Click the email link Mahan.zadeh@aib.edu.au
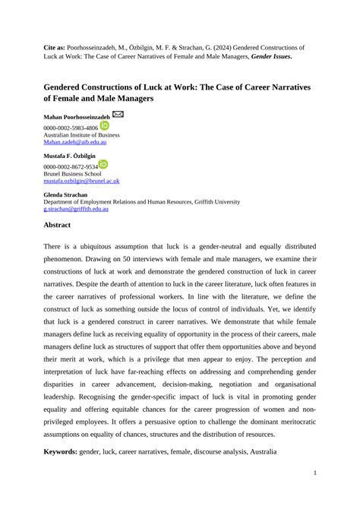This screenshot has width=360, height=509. click(74, 142)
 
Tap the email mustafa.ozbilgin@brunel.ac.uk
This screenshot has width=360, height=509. click(81, 182)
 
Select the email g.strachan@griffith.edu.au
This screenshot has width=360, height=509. click(76, 209)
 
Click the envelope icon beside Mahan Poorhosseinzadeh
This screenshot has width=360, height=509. click(118, 115)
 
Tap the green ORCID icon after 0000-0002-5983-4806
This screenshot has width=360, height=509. click(104, 126)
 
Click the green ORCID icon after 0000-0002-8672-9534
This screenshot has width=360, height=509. click(103, 164)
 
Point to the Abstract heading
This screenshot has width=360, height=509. click(57, 226)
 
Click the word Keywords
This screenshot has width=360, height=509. click(62, 452)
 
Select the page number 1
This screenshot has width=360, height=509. click(314, 473)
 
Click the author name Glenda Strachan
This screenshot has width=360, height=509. click(65, 194)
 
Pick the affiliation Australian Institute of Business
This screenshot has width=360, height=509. click(81, 135)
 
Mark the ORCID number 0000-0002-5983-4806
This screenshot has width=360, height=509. click(70, 128)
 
